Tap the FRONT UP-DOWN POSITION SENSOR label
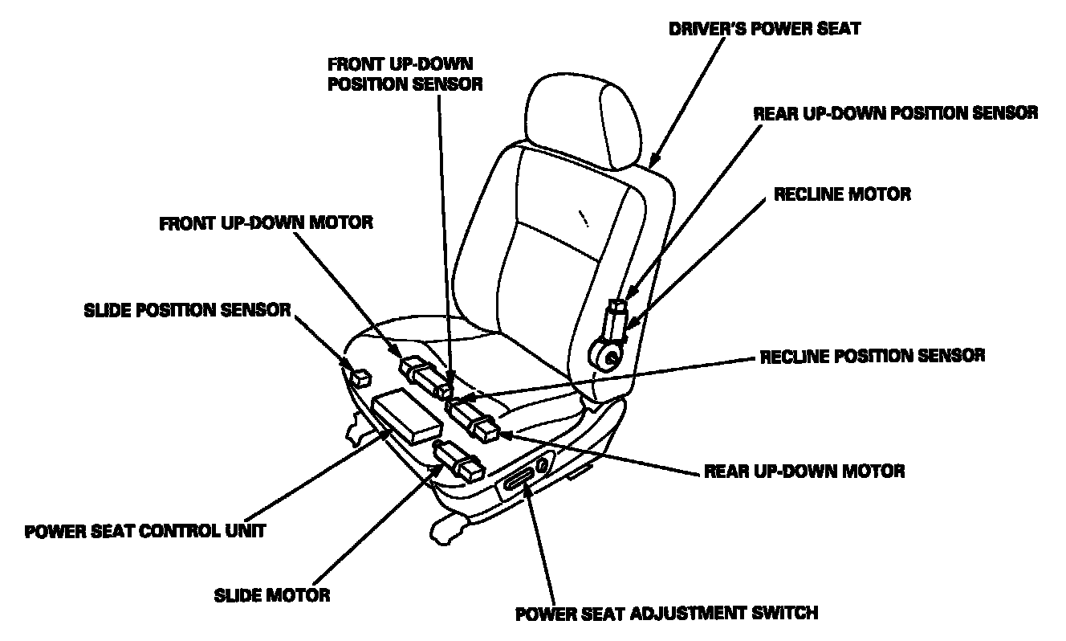coord(405,73)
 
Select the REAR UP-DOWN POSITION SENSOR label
coord(895,113)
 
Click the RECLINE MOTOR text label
coord(842,194)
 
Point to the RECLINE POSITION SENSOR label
coord(873,355)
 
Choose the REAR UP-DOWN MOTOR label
coord(804,471)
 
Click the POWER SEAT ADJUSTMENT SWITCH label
coord(666,614)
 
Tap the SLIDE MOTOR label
coord(272,595)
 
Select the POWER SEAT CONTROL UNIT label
coord(144,532)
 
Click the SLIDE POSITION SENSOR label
coord(187,310)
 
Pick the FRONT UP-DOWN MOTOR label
coord(266,223)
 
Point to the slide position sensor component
coord(360,374)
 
